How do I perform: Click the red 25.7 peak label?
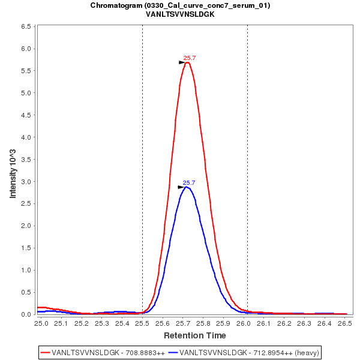pyautogui.click(x=190, y=58)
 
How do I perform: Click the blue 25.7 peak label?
pyautogui.click(x=189, y=183)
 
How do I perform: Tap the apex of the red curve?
pyautogui.click(x=188, y=62)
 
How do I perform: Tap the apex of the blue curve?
pyautogui.click(x=187, y=187)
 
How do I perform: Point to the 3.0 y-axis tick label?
pyautogui.click(x=26, y=182)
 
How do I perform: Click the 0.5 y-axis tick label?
pyautogui.click(x=26, y=292)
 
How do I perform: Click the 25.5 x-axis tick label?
pyautogui.click(x=142, y=323)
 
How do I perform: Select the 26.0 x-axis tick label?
pyautogui.click(x=244, y=323)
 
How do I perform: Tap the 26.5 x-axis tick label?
pyautogui.click(x=344, y=323)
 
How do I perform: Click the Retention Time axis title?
pyautogui.click(x=195, y=335)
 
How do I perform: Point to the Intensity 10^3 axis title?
pyautogui.click(x=13, y=170)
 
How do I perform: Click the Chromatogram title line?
pyautogui.click(x=180, y=5)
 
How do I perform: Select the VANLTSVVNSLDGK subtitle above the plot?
pyautogui.click(x=180, y=14)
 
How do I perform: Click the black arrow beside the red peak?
pyautogui.click(x=182, y=62)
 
